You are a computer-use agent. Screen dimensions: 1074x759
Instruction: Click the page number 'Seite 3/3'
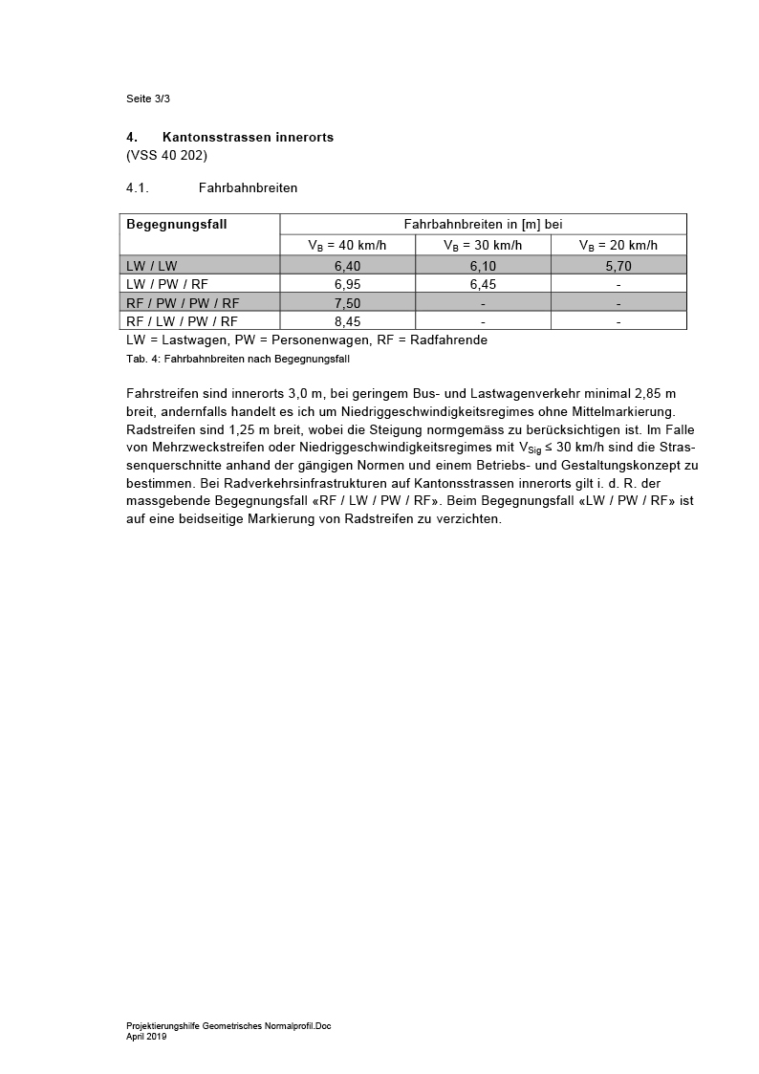[x=147, y=99]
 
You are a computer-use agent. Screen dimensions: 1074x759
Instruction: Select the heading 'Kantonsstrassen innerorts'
[x=248, y=138]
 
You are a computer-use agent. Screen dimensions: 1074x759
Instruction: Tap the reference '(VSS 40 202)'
[x=166, y=155]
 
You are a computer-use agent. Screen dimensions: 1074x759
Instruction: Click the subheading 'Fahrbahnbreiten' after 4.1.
[x=248, y=187]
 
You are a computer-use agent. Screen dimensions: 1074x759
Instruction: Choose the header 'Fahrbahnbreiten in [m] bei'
[x=483, y=224]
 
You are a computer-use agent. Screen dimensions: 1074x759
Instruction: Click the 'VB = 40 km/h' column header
[x=347, y=245]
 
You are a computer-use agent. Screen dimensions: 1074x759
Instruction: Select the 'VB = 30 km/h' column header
[x=483, y=245]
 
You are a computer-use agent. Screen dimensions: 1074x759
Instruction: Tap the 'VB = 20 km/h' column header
[x=618, y=245]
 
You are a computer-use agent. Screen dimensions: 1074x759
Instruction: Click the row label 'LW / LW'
[x=152, y=266]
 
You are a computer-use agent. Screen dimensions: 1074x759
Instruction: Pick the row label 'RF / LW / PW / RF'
[x=182, y=321]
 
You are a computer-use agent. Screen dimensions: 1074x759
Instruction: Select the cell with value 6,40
[x=347, y=266]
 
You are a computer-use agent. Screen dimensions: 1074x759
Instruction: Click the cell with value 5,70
[x=618, y=266]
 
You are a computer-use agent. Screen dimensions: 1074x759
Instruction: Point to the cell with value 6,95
[x=347, y=284]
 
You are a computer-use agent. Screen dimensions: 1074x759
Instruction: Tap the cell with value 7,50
[x=347, y=303]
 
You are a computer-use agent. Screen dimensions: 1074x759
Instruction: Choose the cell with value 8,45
[x=347, y=321]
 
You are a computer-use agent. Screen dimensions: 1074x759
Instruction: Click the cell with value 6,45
[x=483, y=284]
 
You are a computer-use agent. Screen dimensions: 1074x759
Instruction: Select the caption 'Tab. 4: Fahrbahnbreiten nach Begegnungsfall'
[x=230, y=359]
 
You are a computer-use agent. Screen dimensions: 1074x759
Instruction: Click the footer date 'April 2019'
[x=146, y=1036]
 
